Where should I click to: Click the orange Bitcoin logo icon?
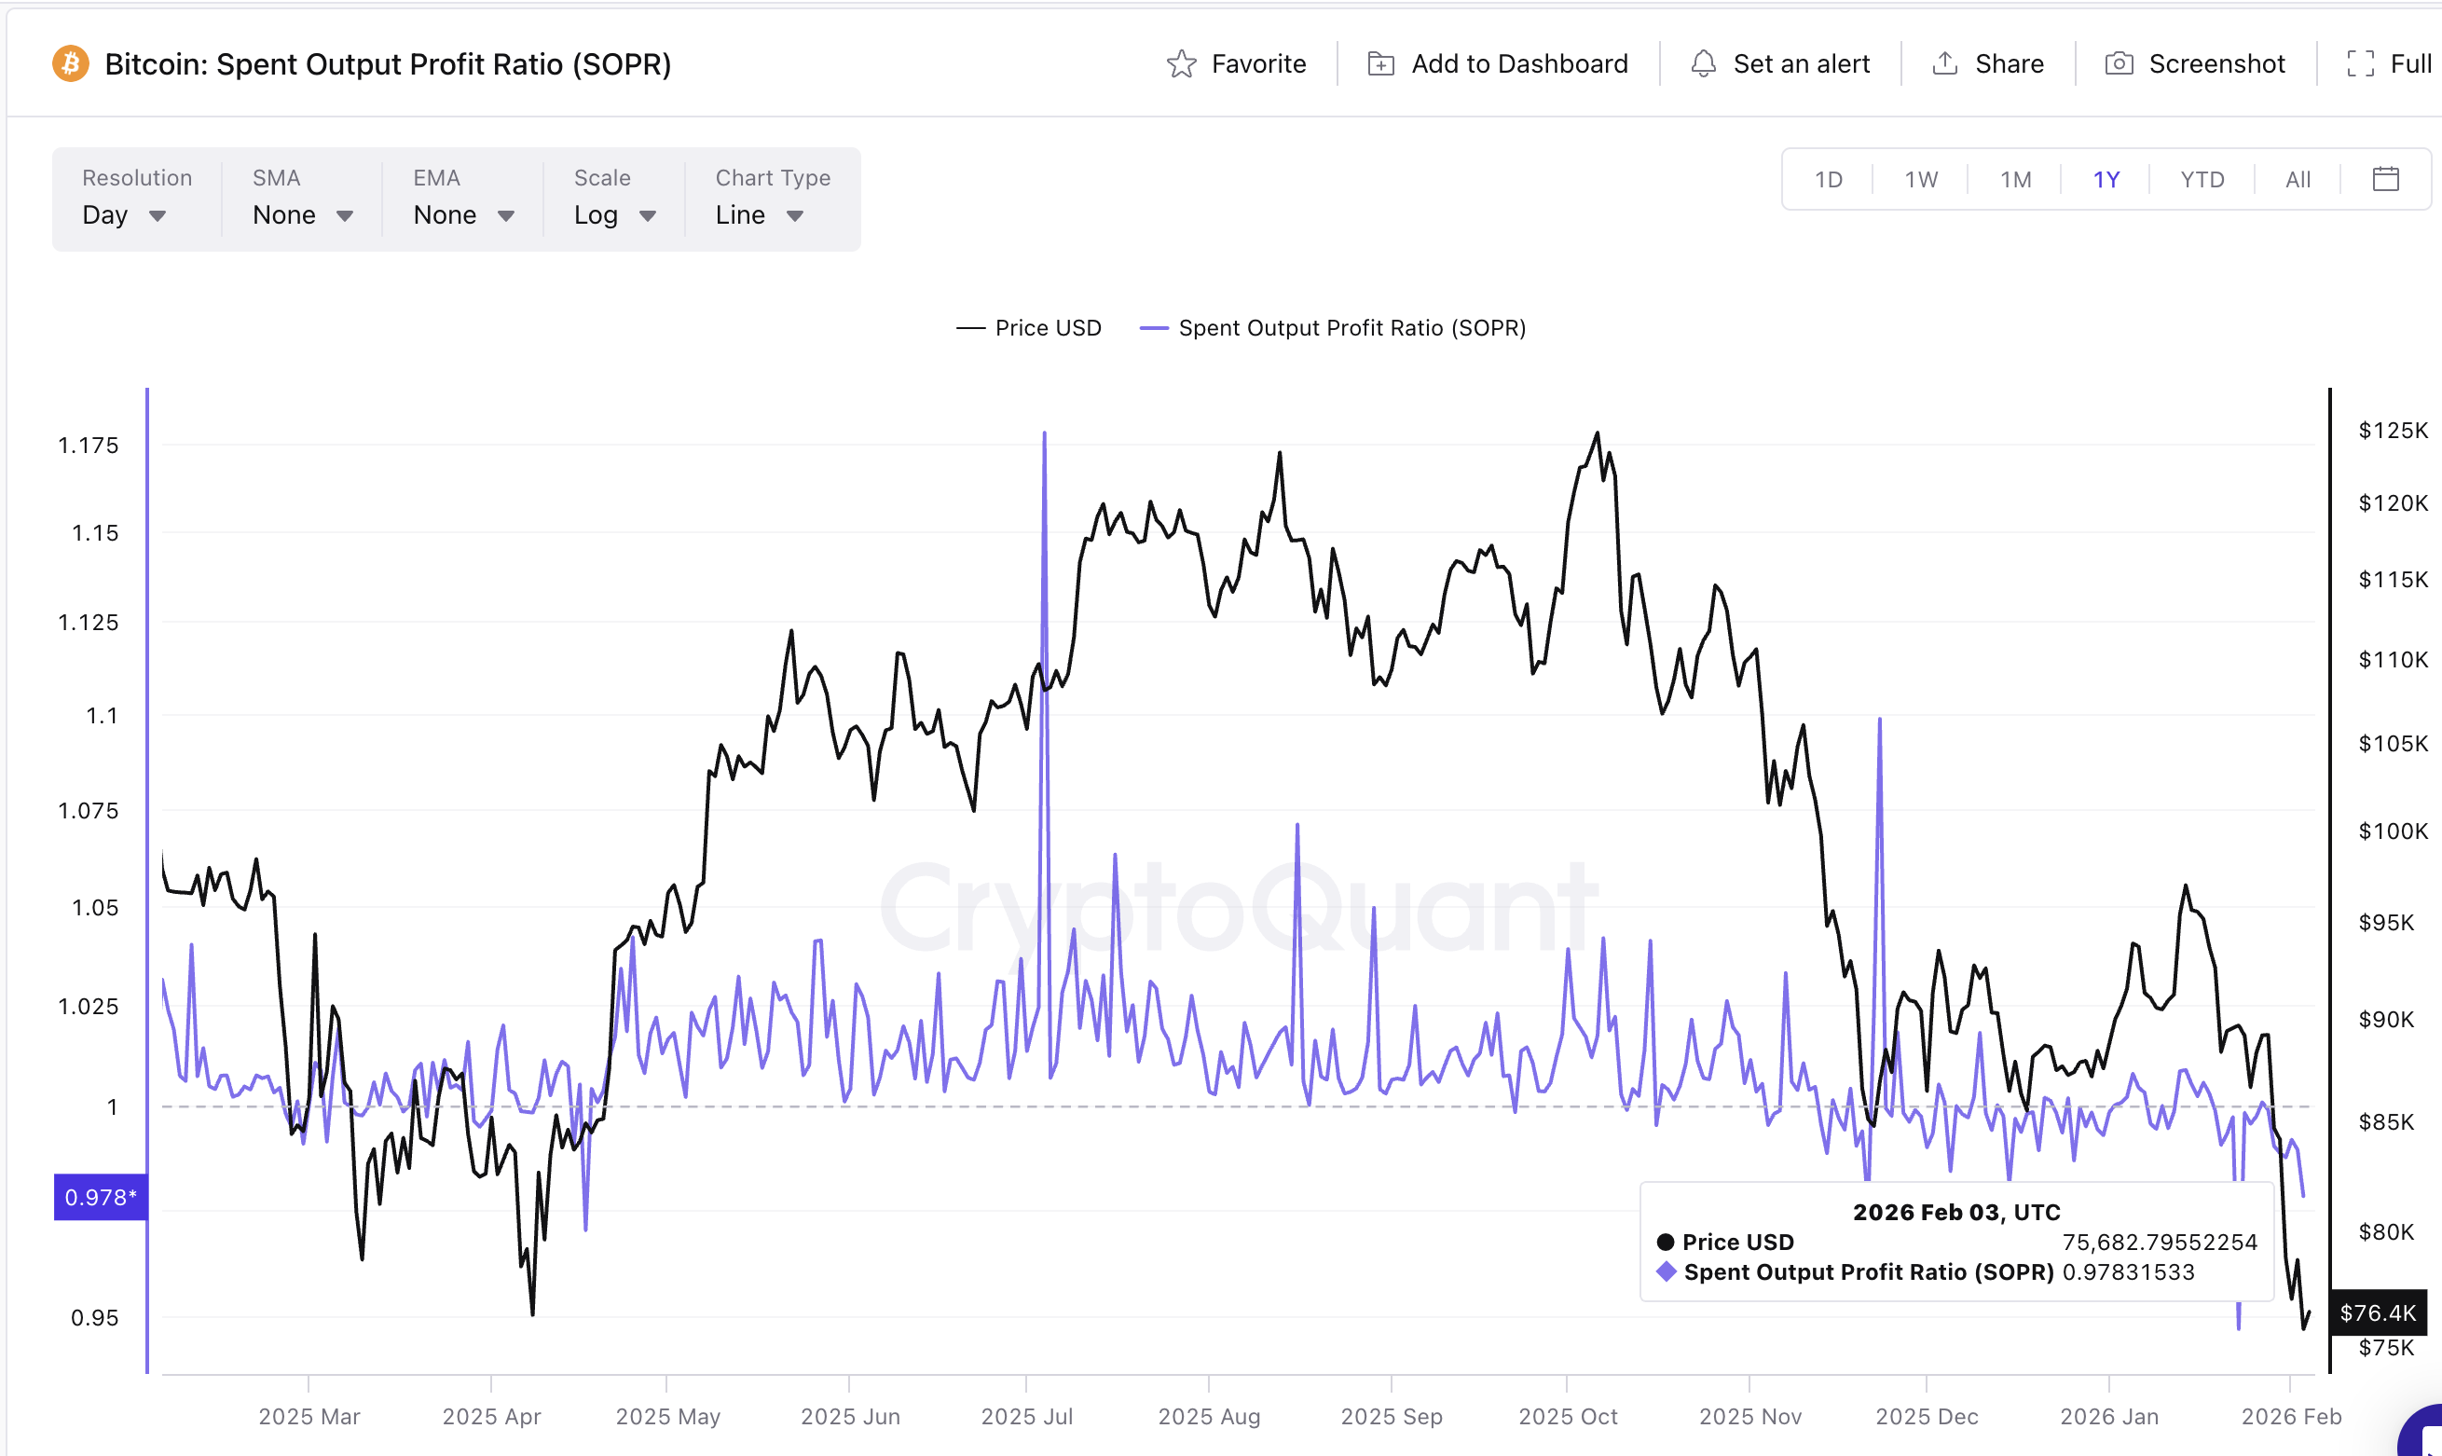pos(71,63)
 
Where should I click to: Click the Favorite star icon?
pos(1182,63)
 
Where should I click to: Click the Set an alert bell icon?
pos(1704,63)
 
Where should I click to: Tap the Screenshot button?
pos(2195,63)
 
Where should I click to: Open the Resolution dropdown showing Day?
pos(124,215)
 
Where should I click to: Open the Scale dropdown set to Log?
pos(614,215)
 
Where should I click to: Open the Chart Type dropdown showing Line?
pos(759,215)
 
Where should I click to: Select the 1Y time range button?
pos(2106,180)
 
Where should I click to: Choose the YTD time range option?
pos(2202,180)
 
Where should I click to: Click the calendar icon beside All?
pos(2385,179)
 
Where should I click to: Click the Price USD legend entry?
pos(1029,328)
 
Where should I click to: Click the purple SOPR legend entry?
pos(1333,328)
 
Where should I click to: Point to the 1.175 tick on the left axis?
pos(89,446)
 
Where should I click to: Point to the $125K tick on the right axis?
pos(2392,430)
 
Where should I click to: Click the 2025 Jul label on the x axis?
pos(1026,1416)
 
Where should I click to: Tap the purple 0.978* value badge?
pos(100,1197)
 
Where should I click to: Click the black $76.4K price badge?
pos(2378,1312)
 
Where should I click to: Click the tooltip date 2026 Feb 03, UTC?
pos(1955,1212)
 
